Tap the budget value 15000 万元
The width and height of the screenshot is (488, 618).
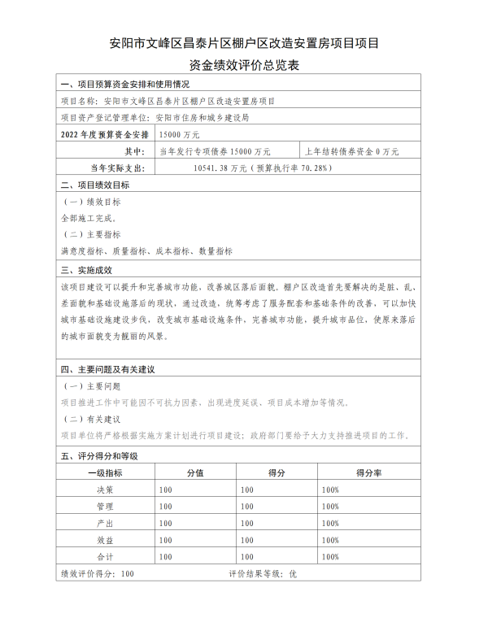coord(180,134)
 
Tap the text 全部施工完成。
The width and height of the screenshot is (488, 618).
coord(89,218)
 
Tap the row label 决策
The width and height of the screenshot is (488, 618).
coord(105,490)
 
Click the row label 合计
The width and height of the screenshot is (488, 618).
coord(105,556)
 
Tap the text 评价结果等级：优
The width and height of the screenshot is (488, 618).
coord(264,573)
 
